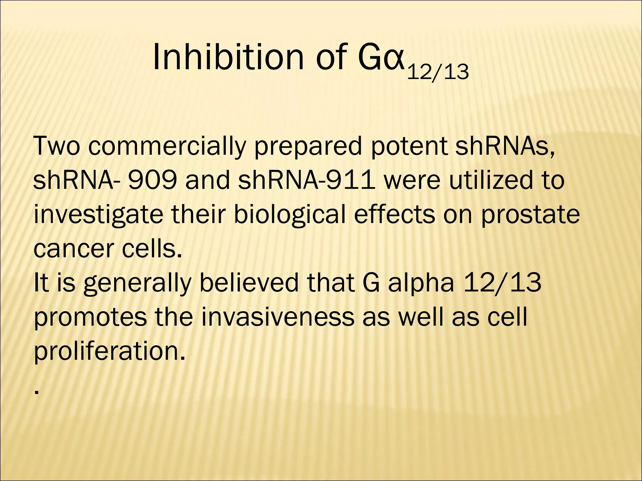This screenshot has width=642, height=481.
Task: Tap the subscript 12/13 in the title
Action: [438, 72]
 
